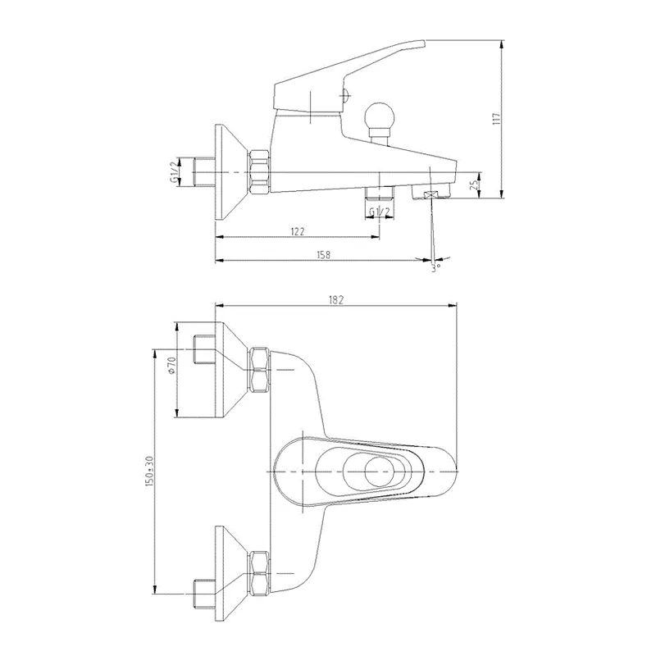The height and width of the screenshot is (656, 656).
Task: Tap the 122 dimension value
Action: pos(297,231)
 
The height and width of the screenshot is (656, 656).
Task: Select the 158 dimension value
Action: pos(323,254)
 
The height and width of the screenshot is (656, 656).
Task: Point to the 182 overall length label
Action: pos(335,299)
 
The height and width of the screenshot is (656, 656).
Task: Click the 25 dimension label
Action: pos(474,184)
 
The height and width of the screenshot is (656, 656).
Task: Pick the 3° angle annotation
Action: pos(436,267)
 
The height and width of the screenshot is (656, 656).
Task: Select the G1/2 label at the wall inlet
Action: pos(173,172)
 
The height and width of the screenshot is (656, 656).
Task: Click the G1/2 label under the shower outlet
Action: pos(380,212)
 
